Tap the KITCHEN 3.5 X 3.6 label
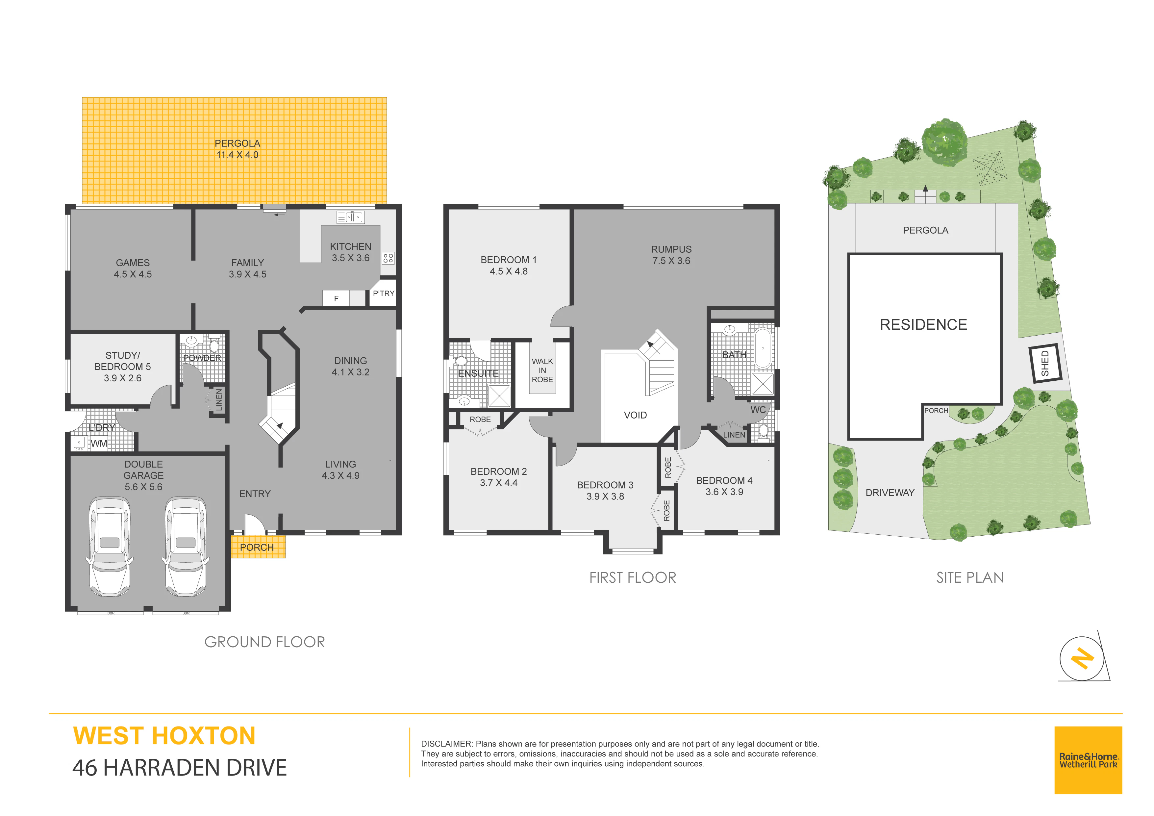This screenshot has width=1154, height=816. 350,252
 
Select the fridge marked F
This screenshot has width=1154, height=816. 336,298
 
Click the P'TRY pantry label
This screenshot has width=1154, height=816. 384,293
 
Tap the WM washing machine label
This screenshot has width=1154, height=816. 98,444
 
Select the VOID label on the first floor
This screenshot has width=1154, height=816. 635,415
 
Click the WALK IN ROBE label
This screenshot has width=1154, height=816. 542,370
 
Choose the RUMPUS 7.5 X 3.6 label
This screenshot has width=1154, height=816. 671,255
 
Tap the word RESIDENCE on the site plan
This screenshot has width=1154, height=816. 923,325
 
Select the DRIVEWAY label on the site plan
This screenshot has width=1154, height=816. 890,493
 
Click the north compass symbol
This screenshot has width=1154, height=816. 1083,658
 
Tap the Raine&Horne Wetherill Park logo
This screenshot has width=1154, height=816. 1088,760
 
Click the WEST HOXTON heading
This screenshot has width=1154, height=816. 164,736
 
